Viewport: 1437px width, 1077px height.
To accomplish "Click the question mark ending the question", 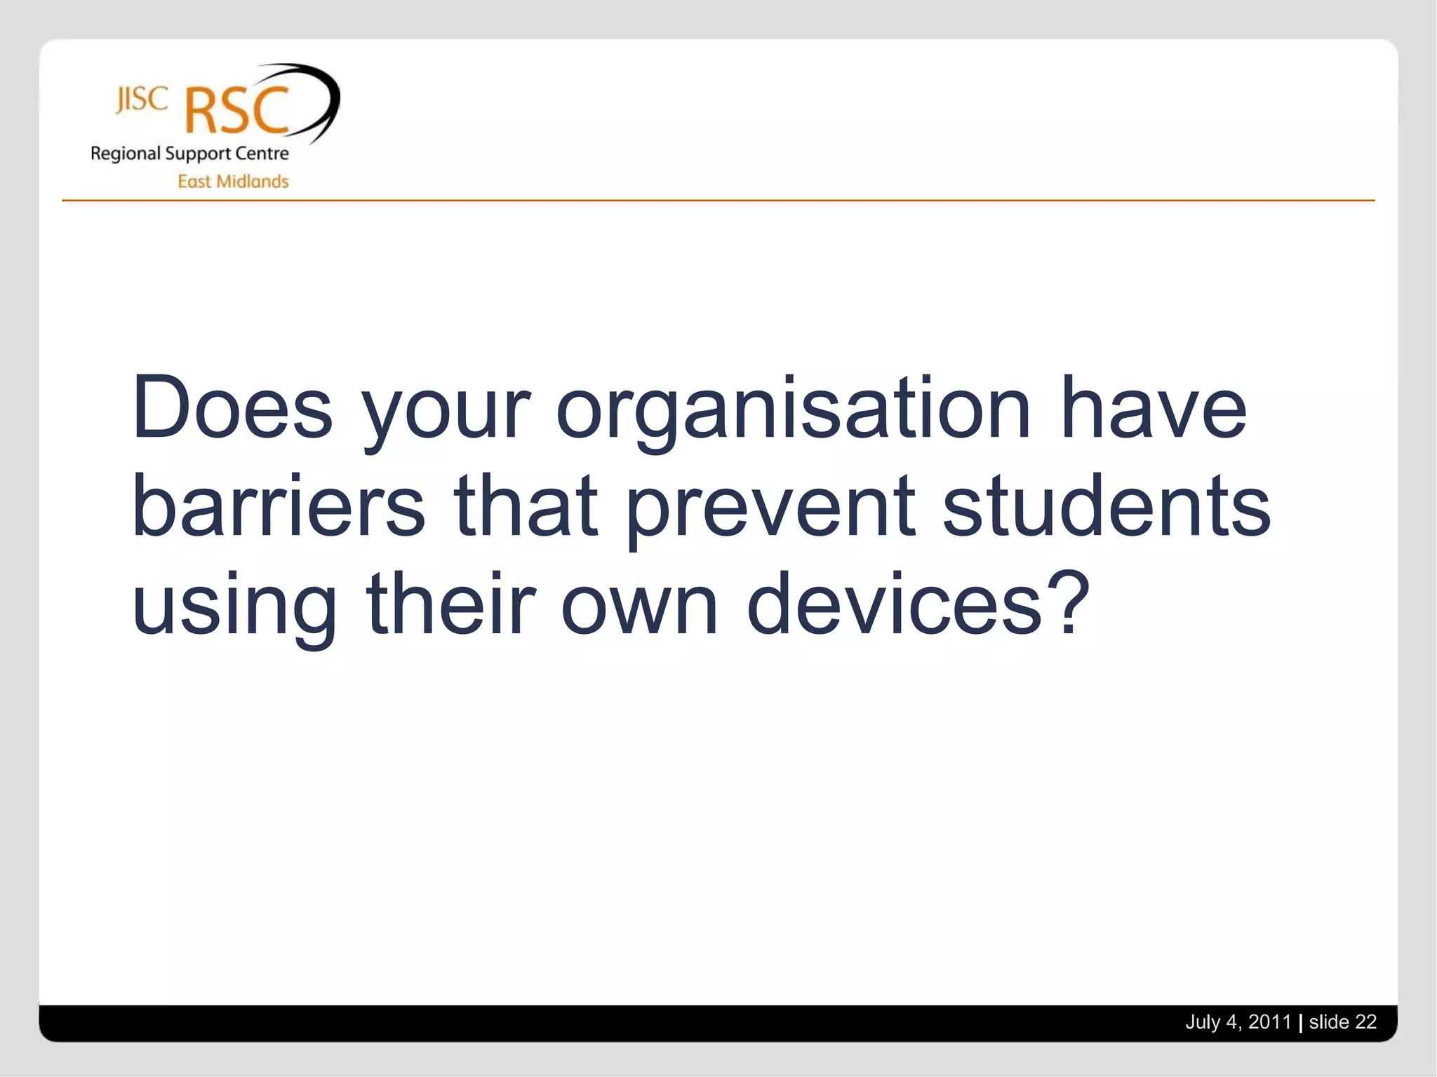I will [x=1068, y=602].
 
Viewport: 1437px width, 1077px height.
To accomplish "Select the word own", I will [x=639, y=607].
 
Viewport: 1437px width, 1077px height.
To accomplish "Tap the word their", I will [x=450, y=603].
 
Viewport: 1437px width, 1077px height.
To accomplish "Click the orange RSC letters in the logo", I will [x=237, y=111].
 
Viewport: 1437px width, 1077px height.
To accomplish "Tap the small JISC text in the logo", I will [x=142, y=100].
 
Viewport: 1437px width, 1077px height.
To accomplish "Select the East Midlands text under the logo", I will [x=233, y=182].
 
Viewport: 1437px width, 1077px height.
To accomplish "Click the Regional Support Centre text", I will [x=189, y=154].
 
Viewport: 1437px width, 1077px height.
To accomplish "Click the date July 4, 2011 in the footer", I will [x=1238, y=1022].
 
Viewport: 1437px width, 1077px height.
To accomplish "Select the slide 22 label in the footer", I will [x=1342, y=1022].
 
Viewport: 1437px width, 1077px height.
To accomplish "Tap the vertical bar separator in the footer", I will [x=1300, y=1023].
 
